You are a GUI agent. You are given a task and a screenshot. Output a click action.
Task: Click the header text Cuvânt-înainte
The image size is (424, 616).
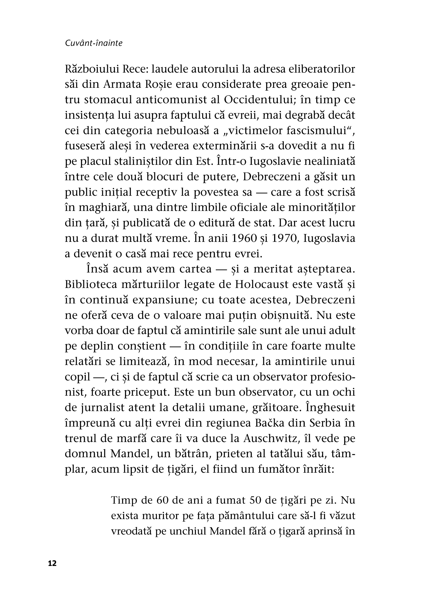coord(93,43)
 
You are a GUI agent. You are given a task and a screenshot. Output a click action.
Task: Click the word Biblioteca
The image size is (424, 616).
coord(91,284)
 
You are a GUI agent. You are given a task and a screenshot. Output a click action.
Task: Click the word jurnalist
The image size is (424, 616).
coord(95,408)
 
